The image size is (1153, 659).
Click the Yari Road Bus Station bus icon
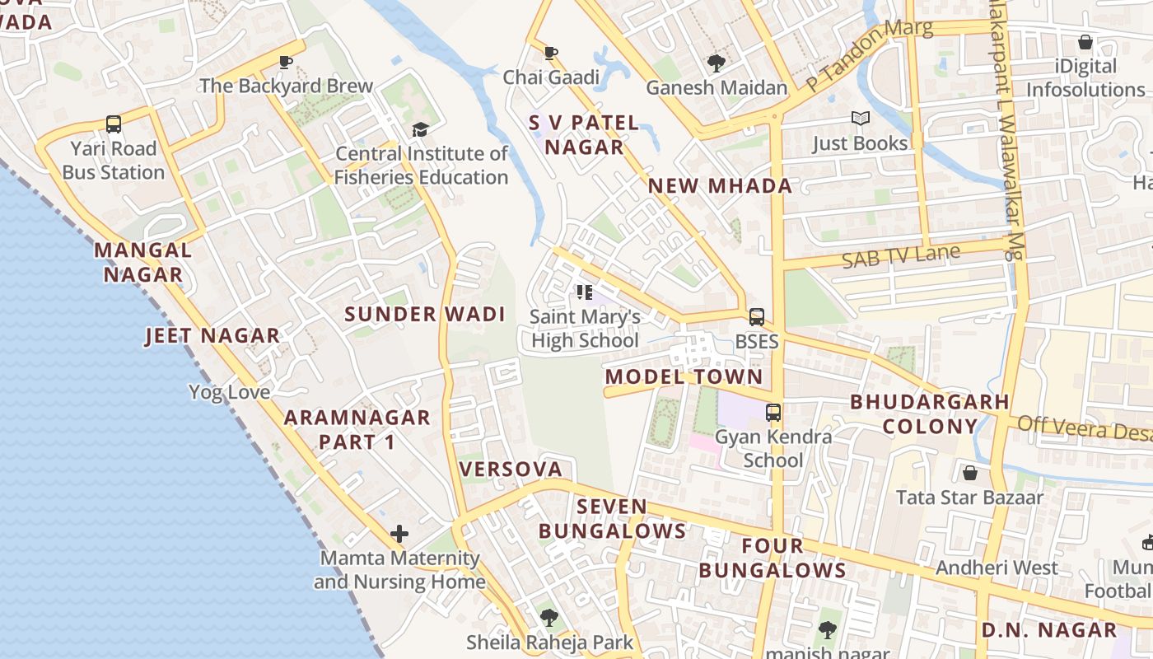pos(114,124)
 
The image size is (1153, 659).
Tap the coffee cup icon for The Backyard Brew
pos(286,62)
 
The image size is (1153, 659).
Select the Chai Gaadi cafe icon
pos(551,54)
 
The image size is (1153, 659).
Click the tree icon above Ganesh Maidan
pos(716,63)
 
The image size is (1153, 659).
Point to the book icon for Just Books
pos(860,119)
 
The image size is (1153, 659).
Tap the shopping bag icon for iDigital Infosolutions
pos(1085,42)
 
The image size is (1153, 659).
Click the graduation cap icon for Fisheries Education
pos(420,129)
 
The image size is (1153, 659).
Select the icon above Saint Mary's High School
pos(585,292)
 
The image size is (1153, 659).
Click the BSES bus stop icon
pos(756,317)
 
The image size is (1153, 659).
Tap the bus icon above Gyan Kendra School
pos(773,413)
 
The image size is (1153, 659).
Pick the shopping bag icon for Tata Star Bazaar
pos(970,473)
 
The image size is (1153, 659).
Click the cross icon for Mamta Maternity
pos(399,534)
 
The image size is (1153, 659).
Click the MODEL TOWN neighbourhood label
pos(684,377)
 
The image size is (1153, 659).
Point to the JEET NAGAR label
pos(212,336)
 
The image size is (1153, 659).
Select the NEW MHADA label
pos(720,186)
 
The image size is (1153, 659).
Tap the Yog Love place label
pos(230,392)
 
